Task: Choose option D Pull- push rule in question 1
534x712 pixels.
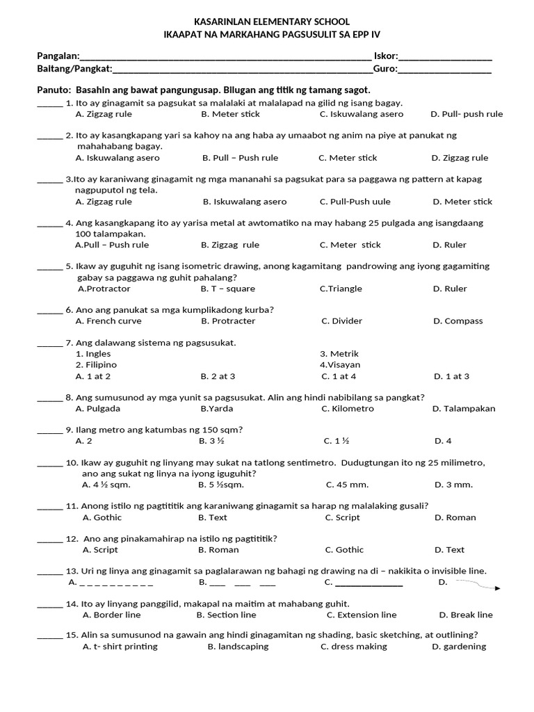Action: coord(467,114)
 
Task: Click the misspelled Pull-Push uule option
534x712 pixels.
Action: coord(355,202)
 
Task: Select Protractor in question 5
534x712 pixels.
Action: coord(104,289)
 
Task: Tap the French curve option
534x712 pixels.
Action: coord(108,321)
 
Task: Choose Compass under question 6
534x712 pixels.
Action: coord(458,321)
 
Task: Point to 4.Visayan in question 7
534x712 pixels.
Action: coord(340,365)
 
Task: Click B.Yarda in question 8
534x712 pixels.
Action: coord(217,409)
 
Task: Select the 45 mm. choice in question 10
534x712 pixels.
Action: coord(347,485)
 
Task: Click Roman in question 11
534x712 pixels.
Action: coord(455,517)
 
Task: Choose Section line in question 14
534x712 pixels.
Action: coord(226,615)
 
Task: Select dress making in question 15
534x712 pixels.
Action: coord(354,647)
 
